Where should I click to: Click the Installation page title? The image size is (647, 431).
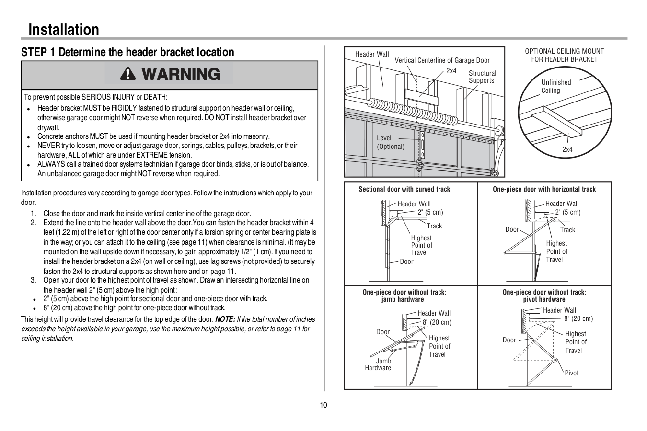click(64, 30)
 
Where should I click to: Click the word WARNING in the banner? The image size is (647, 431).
click(181, 74)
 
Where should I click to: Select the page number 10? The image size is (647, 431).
click(323, 405)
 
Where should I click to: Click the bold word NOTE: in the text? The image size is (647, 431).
click(225, 319)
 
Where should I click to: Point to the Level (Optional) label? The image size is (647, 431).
click(391, 142)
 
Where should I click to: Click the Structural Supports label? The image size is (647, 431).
click(482, 77)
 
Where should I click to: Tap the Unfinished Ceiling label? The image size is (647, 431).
click(556, 86)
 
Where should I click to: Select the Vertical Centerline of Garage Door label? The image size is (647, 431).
click(442, 60)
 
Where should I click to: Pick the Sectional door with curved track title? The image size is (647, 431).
click(404, 189)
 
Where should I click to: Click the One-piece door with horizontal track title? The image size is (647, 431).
click(544, 189)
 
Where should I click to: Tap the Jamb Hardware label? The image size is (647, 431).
click(378, 364)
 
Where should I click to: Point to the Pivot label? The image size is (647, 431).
click(571, 373)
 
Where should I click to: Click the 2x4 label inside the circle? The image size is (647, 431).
click(567, 149)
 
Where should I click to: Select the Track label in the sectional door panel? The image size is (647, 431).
click(434, 226)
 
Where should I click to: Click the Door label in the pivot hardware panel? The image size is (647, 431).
click(509, 340)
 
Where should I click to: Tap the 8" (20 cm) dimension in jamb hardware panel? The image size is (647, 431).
click(437, 322)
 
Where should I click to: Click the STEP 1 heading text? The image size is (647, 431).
click(127, 52)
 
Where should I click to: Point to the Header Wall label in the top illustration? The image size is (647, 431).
click(372, 54)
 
